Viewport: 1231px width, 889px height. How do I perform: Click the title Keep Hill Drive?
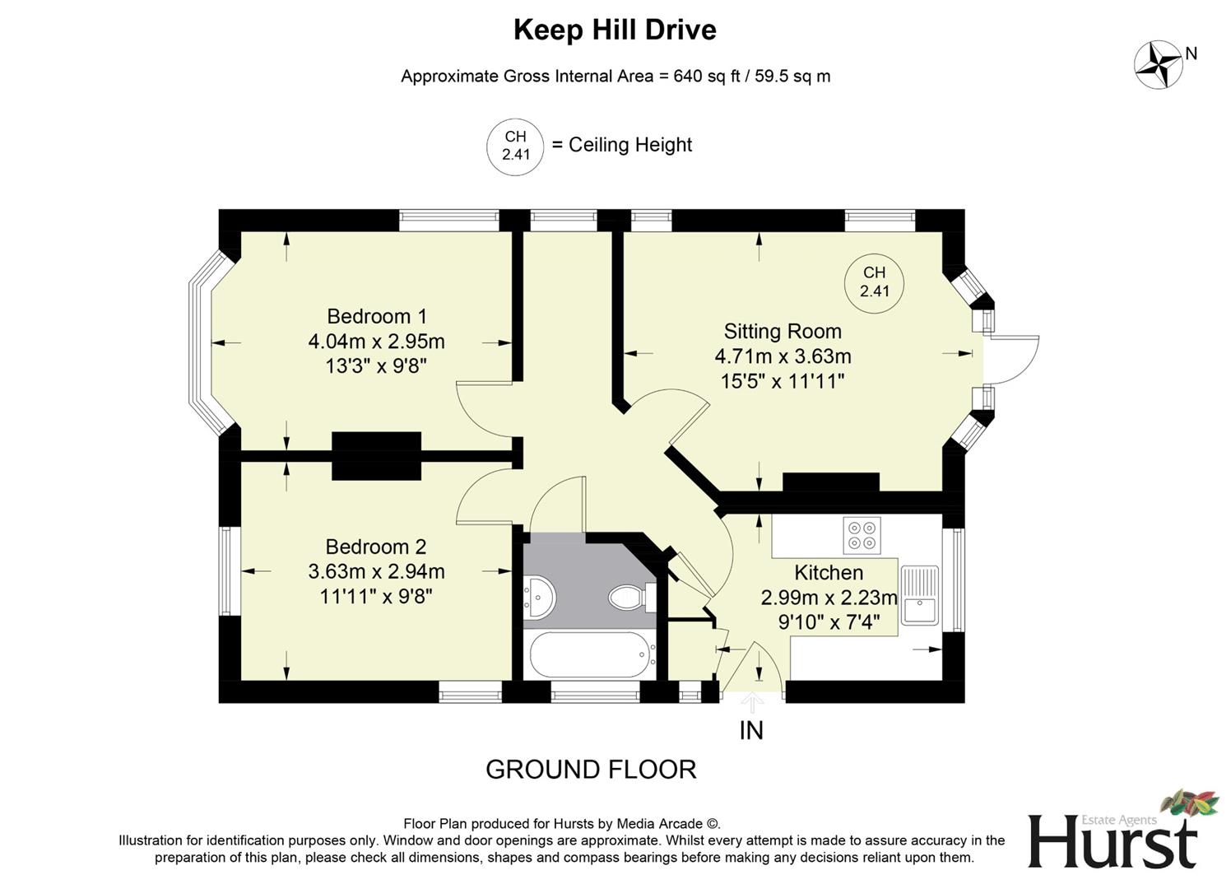[x=615, y=30]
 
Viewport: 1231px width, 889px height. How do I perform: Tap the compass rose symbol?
[x=1159, y=65]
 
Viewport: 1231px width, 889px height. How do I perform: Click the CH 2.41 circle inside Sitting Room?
[x=874, y=282]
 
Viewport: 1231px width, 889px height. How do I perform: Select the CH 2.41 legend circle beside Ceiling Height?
[x=516, y=146]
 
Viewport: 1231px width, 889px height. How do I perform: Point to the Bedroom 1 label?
[x=377, y=316]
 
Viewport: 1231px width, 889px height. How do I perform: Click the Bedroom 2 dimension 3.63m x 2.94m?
[x=376, y=571]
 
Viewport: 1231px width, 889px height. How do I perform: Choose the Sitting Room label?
[x=783, y=331]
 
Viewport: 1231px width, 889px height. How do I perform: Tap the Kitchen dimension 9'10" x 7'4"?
[x=829, y=623]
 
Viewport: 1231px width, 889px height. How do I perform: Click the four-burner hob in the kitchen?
[x=862, y=534]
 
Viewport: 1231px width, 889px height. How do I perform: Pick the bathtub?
[x=591, y=654]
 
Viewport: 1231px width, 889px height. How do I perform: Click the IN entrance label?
[x=751, y=730]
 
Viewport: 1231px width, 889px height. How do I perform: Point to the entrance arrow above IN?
[x=752, y=702]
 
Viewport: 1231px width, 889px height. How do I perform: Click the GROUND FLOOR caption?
[x=591, y=770]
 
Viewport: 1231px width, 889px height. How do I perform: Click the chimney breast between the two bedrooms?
[x=377, y=455]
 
